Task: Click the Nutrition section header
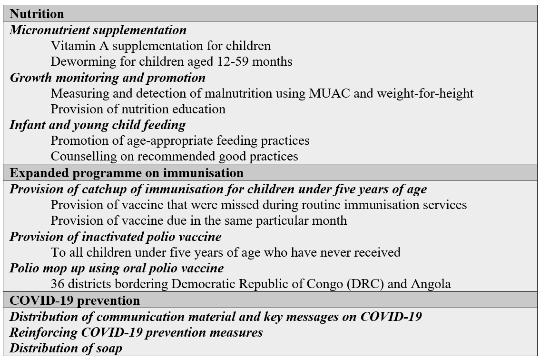tap(37, 14)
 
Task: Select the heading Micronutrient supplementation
tap(98, 30)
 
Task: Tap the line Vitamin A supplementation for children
tap(160, 46)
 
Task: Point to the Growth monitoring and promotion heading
tap(108, 78)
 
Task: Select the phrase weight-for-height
tap(425, 93)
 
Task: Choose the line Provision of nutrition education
tap(138, 109)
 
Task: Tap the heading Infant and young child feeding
tap(98, 125)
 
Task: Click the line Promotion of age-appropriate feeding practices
tap(180, 141)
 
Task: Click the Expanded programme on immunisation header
tap(127, 172)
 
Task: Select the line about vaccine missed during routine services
tap(258, 205)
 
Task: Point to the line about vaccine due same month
tap(198, 220)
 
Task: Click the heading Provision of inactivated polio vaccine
tap(116, 237)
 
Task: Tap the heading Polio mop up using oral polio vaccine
tap(117, 268)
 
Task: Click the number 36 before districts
tap(57, 284)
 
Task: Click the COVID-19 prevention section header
tap(75, 300)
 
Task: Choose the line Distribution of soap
tap(66, 348)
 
